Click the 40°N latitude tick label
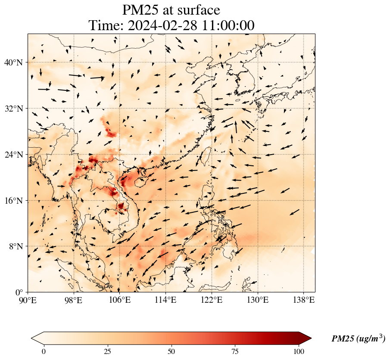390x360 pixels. (x=16, y=63)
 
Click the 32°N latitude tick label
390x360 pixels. (x=16, y=109)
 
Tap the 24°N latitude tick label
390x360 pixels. (x=16, y=155)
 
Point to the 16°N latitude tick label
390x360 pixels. (x=16, y=201)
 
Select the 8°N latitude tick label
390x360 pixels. (x=18, y=246)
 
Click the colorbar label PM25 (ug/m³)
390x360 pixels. (x=358, y=339)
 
